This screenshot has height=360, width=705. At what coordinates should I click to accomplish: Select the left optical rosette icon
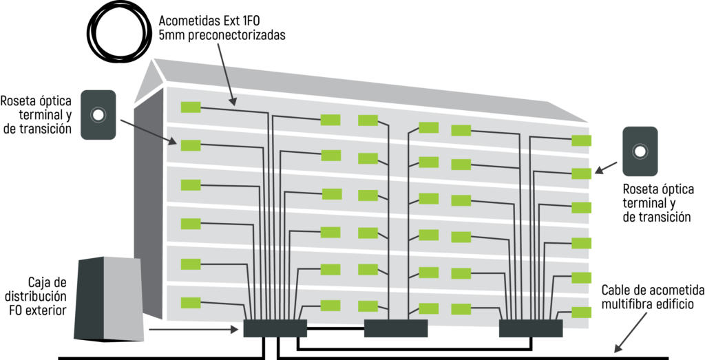(98, 114)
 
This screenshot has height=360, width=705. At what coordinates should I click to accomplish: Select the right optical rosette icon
(640, 151)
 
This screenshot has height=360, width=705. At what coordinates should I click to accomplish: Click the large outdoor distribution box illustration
(109, 299)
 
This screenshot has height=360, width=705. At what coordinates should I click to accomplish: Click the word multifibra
(622, 304)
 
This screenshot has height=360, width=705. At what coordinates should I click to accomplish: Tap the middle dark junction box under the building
(396, 328)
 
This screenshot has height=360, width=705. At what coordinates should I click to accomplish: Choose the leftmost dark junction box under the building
(275, 328)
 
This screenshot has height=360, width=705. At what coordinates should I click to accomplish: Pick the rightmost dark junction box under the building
(531, 328)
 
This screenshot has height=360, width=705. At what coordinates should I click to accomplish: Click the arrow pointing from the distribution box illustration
(193, 330)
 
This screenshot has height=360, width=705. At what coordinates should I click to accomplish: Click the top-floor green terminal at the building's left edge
(191, 107)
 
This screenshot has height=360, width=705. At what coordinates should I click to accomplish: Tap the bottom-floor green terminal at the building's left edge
(191, 303)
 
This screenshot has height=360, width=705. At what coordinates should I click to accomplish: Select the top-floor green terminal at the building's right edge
(581, 140)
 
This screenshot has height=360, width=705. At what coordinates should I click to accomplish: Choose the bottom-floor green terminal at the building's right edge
(581, 312)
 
